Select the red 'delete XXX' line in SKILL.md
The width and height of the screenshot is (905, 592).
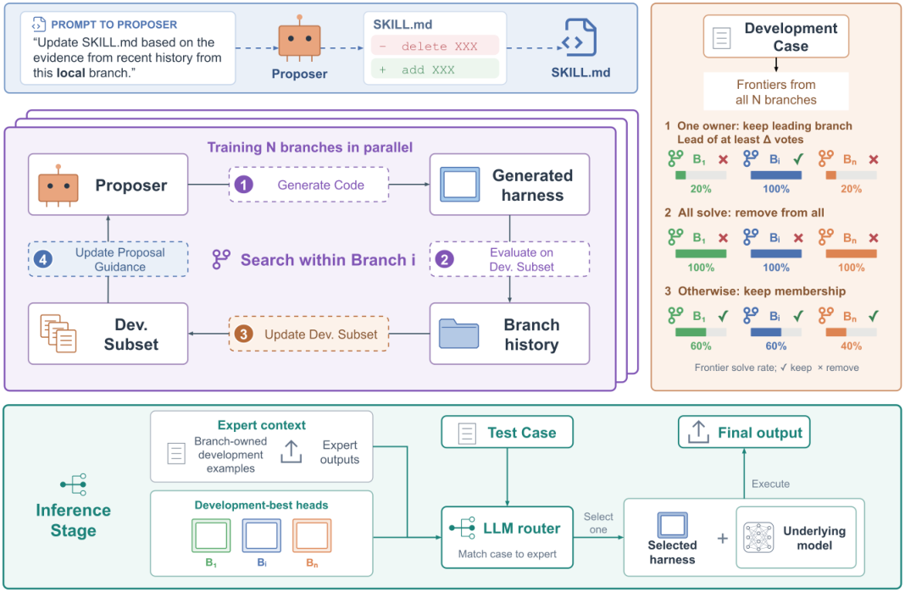[x=436, y=47]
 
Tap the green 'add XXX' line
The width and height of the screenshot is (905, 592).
[x=436, y=69]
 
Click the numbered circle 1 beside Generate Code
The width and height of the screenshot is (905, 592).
[x=243, y=185]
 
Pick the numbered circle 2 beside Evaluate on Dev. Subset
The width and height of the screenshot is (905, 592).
[x=444, y=260]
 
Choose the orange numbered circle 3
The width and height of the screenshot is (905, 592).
[x=243, y=334]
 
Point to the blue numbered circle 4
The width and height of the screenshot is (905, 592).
[x=42, y=260]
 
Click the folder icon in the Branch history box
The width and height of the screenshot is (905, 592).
[x=458, y=334]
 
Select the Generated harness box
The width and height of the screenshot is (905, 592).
[x=509, y=185]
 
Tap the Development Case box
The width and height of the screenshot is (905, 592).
[x=776, y=36]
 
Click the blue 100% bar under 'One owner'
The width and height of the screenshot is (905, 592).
[x=775, y=175]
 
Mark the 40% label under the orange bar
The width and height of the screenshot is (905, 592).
[x=852, y=346]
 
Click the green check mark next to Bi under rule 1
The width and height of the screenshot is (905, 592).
[x=798, y=158]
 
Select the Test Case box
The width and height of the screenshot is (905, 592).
[x=508, y=432]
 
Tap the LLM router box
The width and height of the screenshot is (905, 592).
[x=508, y=538]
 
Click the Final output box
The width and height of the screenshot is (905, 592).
[x=744, y=432]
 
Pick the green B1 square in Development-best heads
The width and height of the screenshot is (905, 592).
[x=211, y=535]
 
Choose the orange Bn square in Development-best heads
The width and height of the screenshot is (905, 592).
[x=312, y=535]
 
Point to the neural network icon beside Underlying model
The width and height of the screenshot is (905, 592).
[x=758, y=538]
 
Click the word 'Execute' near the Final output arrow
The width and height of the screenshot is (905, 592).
[x=770, y=484]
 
